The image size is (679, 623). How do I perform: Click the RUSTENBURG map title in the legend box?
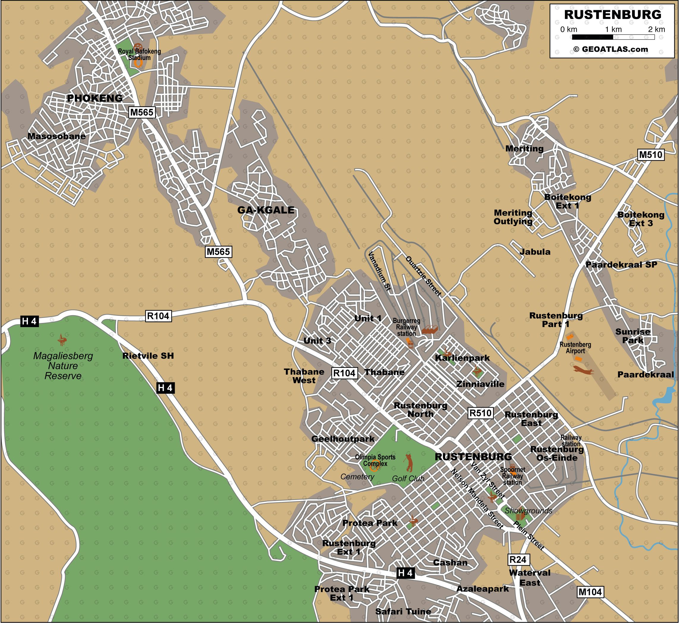612,15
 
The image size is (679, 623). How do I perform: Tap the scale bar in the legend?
613,37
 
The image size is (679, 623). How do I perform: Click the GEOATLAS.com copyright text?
610,49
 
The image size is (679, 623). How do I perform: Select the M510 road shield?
651,155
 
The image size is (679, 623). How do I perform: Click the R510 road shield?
480,413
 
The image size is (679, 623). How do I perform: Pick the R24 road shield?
518,560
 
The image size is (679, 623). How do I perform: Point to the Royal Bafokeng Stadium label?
139,54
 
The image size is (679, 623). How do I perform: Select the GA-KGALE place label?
266,210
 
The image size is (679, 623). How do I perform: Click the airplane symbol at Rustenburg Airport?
583,370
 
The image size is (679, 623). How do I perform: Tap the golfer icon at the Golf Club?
409,462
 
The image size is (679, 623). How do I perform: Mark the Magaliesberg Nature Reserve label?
63,365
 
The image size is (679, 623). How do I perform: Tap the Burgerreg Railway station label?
406,327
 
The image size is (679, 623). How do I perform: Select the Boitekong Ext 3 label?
641,219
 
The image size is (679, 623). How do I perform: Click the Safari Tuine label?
403,611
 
